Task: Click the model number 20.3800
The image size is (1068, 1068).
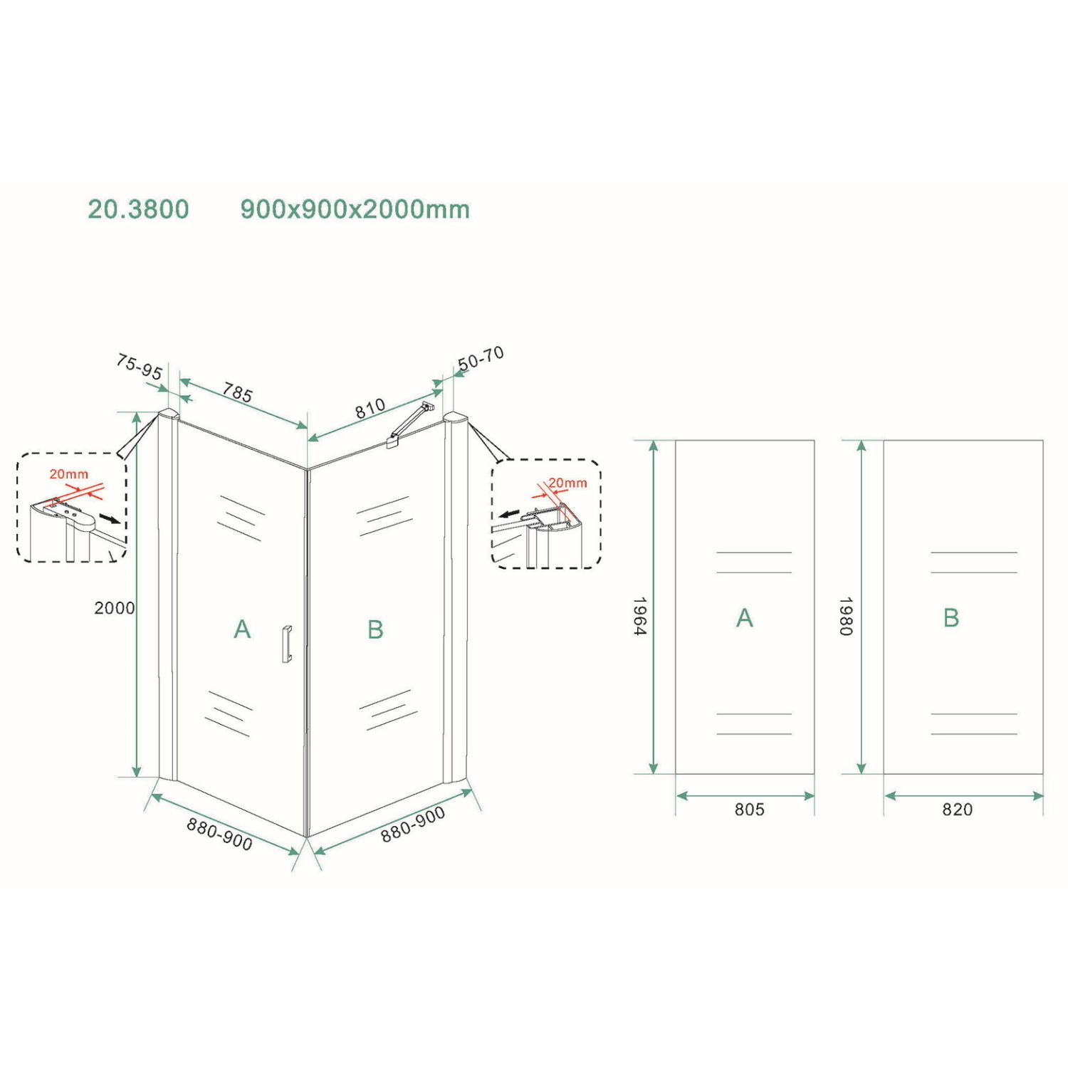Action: tap(138, 209)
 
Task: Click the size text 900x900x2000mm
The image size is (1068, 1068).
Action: tap(355, 209)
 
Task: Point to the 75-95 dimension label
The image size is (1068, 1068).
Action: tap(139, 367)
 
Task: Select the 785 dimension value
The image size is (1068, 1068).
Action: tap(237, 392)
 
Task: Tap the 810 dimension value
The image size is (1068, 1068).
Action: tap(370, 409)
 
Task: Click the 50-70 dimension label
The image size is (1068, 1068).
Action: tap(481, 358)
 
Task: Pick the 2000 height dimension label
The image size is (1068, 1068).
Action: tap(114, 608)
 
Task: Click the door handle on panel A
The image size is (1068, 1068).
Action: tap(287, 644)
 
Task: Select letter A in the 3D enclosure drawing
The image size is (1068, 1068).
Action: tap(242, 629)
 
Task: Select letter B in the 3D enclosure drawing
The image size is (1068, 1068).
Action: tap(375, 629)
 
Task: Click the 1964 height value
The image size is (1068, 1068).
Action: tap(639, 616)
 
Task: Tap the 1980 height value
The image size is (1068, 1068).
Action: tap(845, 616)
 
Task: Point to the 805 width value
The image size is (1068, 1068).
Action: tap(749, 810)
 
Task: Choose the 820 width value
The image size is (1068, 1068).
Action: tap(957, 810)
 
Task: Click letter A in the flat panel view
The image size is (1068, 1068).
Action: tap(744, 618)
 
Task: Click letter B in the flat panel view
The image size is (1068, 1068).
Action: tap(951, 618)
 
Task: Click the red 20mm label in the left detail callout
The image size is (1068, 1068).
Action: tap(69, 474)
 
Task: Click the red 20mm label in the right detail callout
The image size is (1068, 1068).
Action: tap(567, 483)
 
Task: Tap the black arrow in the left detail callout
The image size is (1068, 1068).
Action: tap(110, 518)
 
